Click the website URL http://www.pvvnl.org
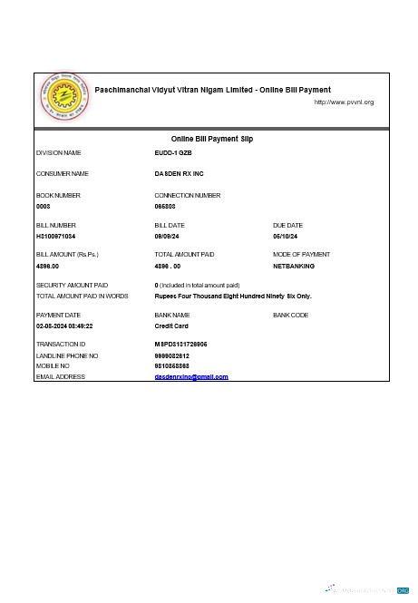coord(344,102)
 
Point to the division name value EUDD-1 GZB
coord(173,153)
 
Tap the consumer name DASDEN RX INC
coord(179,173)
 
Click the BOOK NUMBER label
coord(58,195)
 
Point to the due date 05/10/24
coord(287,237)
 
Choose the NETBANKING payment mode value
coord(294,267)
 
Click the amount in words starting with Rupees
coord(233,297)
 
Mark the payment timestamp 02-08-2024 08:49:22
coord(64,326)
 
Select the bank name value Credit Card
coord(171,326)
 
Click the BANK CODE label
coord(290,315)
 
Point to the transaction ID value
coord(181,345)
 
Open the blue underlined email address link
coord(191,376)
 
